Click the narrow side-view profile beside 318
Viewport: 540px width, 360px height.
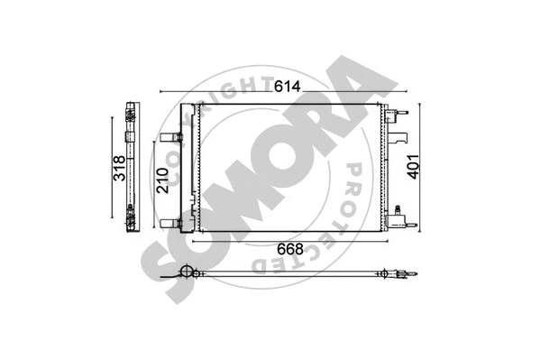click(x=133, y=168)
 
